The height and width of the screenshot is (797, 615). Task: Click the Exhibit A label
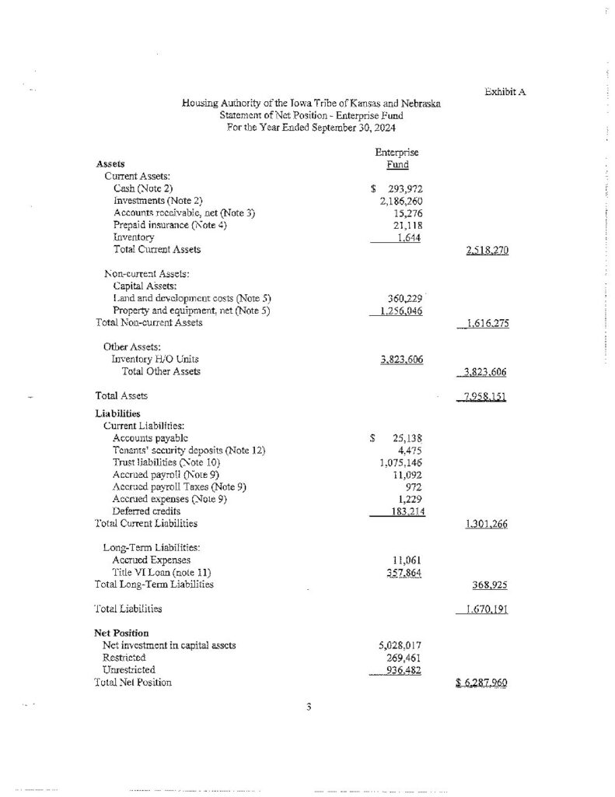point(505,92)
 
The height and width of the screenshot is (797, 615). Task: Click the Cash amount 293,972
point(403,188)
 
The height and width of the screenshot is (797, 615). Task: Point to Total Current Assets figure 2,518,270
point(482,251)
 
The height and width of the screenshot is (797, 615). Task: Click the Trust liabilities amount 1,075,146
point(398,462)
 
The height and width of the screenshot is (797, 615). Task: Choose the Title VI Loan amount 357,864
point(404,572)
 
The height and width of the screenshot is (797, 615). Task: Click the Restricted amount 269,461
point(404,658)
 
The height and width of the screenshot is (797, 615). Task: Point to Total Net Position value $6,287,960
point(481,683)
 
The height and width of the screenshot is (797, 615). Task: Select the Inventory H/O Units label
point(155,359)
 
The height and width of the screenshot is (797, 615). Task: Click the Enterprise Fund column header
point(397,159)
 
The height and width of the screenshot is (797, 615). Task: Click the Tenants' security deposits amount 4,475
point(409,450)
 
